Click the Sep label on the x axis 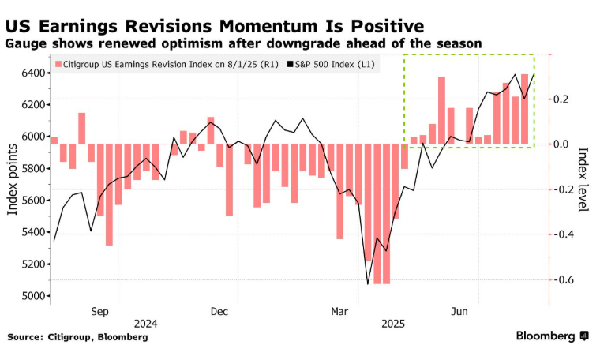pos(99,312)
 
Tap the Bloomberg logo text pos(546,336)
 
